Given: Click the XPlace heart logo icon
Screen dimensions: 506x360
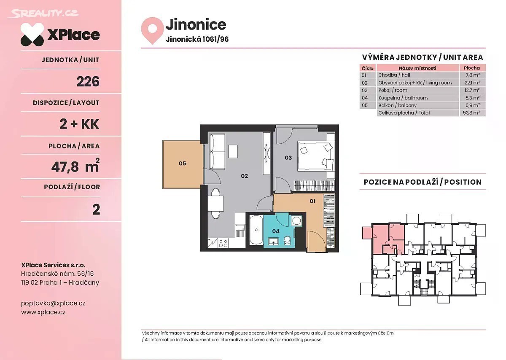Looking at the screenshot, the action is (32, 35).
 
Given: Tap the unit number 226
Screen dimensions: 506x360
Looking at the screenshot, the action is (88, 81).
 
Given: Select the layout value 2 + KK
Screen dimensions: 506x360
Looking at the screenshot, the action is (79, 124).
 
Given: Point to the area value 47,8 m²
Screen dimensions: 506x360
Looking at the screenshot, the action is (75, 166).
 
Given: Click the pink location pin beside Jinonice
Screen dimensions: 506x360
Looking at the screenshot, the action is (152, 30).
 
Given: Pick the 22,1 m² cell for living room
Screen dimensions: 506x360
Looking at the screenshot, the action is (472, 83).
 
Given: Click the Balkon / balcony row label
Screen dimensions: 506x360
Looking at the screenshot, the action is (397, 105).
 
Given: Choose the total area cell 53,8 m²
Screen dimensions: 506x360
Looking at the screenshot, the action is (471, 113).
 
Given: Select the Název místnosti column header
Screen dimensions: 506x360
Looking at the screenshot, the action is (417, 68).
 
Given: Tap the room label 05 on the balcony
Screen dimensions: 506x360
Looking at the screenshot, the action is (182, 163).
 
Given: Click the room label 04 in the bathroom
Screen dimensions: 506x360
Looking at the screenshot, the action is (276, 231).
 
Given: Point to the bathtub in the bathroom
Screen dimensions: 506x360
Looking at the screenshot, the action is (256, 230).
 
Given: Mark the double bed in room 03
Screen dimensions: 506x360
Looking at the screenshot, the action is (316, 156).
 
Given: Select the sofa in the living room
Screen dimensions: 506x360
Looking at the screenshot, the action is (217, 151).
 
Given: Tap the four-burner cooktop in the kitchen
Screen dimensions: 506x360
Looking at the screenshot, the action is (223, 243).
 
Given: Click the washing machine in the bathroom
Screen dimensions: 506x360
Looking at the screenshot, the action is (296, 220).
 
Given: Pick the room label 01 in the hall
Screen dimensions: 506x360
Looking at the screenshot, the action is (312, 201).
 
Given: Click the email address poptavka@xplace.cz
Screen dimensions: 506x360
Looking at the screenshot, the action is (53, 303).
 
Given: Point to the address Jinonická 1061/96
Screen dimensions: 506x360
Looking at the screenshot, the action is (197, 39).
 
